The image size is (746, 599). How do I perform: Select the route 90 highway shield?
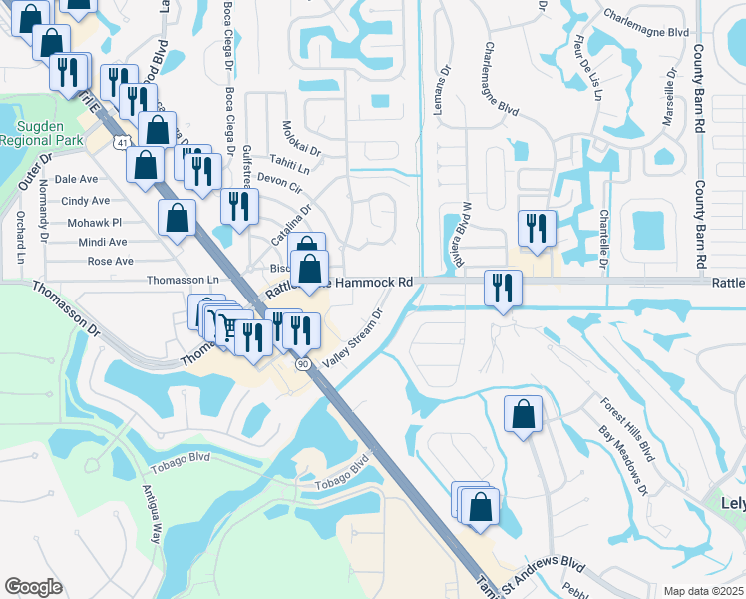(x=302, y=364)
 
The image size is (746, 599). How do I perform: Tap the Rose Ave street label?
(x=110, y=261)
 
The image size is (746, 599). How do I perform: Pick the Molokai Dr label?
(x=301, y=139)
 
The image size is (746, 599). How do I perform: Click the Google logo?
(x=33, y=587)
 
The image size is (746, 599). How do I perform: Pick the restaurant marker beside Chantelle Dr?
(x=537, y=228)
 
